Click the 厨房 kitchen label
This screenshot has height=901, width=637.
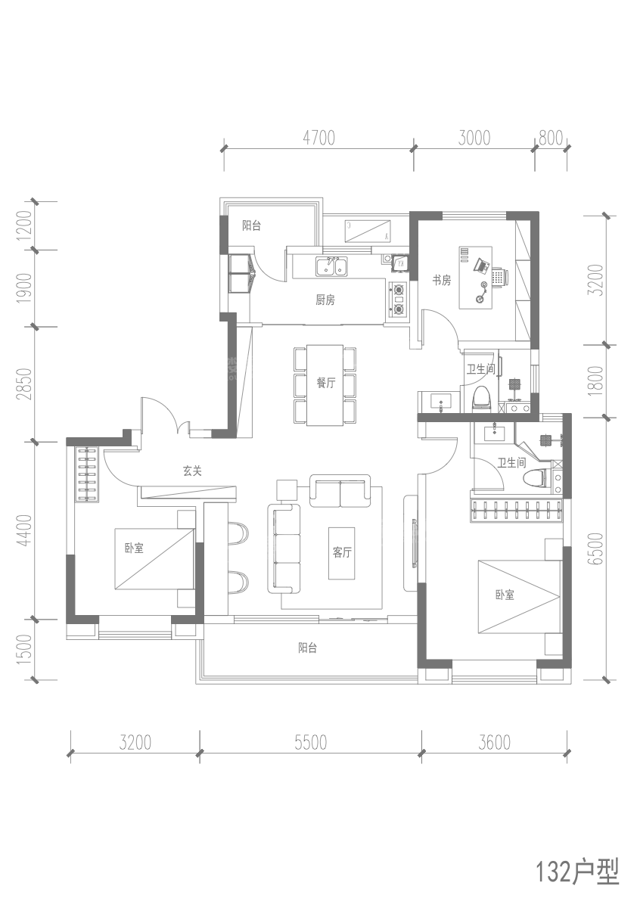coord(325,300)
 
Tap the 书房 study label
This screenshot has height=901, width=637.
coord(441,281)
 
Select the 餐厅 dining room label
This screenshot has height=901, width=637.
coord(325,383)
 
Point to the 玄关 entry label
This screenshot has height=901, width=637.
coord(192,471)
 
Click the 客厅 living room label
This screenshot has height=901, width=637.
coord(342,552)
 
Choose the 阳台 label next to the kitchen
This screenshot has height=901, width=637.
coord(251,225)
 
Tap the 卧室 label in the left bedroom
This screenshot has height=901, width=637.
coord(135,548)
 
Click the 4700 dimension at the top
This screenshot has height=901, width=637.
coord(318,138)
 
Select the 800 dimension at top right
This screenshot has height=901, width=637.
coord(551,138)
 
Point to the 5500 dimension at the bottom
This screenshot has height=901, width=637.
coord(310,743)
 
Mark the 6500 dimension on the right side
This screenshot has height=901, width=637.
coord(597,548)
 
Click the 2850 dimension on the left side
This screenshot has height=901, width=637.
coord(24,384)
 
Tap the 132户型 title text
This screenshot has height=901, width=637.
coord(576,872)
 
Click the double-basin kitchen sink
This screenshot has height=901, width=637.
coord(331,267)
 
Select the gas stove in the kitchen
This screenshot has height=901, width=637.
coord(398,298)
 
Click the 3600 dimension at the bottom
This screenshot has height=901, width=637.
coord(494,743)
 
